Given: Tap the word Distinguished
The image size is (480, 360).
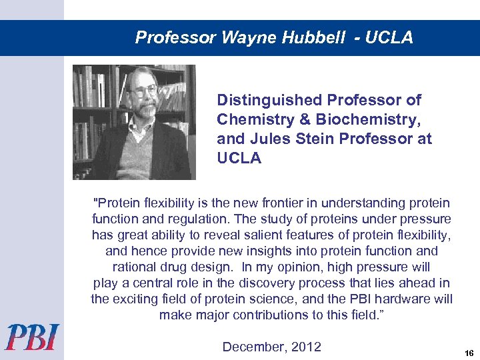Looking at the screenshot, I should tap(269, 100).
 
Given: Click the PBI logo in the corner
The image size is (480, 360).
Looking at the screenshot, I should tap(33, 337).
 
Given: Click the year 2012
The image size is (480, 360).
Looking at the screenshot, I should tap(305, 347).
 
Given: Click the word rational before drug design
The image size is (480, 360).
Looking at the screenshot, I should tap(136, 267).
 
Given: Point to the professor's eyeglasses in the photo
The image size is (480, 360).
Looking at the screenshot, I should tap(145, 90).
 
